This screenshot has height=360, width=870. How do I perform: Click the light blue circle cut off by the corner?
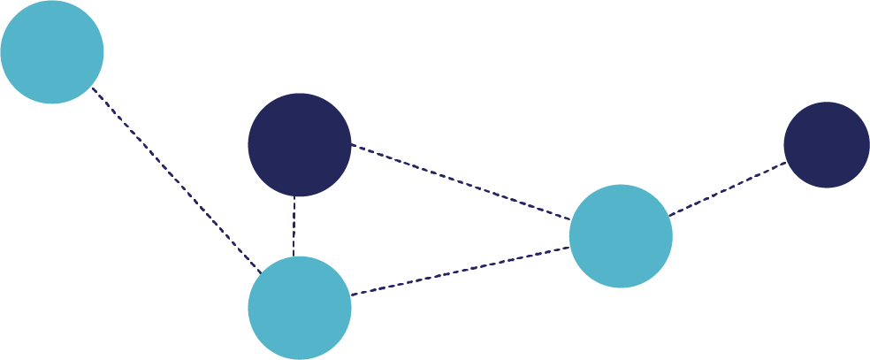point(51,51)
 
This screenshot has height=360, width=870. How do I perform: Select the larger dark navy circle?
point(299,144)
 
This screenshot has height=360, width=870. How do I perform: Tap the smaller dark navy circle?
point(826,144)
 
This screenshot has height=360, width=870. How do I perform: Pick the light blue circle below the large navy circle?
point(299,307)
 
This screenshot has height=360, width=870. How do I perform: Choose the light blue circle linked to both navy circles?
point(621,236)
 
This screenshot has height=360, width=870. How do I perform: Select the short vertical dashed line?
point(294,226)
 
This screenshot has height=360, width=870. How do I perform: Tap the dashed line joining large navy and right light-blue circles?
point(460,181)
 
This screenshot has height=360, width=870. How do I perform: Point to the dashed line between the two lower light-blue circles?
point(460,271)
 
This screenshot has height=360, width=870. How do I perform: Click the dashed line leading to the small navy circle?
point(727,188)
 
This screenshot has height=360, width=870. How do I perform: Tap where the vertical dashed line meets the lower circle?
point(294,257)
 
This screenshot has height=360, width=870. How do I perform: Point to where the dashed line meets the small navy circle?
point(786,163)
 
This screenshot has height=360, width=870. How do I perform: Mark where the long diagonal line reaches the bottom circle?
point(260,272)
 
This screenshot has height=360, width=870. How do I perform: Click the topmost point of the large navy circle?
point(299,93)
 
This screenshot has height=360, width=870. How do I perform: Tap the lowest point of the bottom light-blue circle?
point(299,359)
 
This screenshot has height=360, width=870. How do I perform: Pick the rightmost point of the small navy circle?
point(869,144)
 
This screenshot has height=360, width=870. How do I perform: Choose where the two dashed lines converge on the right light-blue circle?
point(570,234)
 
